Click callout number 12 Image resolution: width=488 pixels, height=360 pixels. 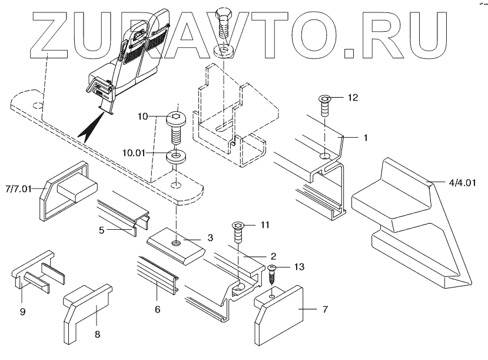[x=353, y=97]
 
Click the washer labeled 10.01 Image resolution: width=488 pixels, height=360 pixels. [x=176, y=157]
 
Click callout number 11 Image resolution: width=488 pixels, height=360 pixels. [x=265, y=225]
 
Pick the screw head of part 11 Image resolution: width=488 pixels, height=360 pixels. [x=240, y=226]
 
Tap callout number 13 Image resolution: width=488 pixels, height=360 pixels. [x=299, y=267]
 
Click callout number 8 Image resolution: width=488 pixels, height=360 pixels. [x=97, y=333]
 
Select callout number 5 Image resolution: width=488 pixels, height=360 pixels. [x=102, y=231]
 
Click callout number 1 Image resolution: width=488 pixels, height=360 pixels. [x=365, y=137]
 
